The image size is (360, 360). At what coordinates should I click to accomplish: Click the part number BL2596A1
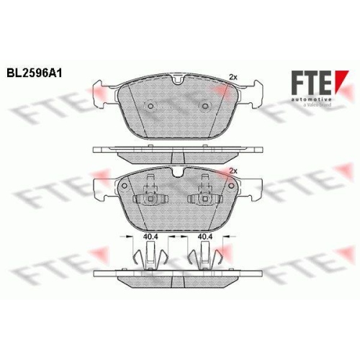pos(35,73)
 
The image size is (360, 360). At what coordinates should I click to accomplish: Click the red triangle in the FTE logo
pos(341,81)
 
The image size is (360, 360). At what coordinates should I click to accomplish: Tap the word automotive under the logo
pos(312,99)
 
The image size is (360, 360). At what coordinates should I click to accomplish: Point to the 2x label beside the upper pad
pos(233,77)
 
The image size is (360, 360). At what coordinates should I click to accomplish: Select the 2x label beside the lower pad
pos(233,171)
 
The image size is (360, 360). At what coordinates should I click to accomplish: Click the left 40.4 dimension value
pos(150,236)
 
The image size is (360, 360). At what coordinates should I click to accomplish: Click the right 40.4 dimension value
pos(205,236)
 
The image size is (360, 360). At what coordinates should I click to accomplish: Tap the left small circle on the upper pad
pos(150,106)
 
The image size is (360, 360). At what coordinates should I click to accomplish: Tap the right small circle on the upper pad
pos(205,106)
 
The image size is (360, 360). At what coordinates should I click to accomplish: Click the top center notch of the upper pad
pos(179,79)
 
